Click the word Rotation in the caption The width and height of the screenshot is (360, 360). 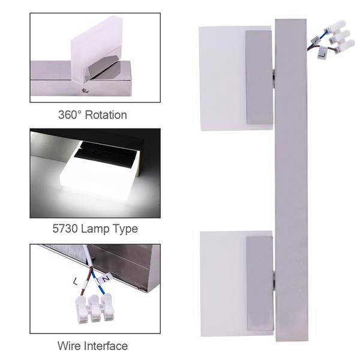(106, 114)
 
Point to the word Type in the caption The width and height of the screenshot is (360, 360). (126, 229)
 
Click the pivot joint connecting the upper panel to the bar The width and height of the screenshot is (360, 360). (273, 77)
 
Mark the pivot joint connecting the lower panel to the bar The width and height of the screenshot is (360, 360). (273, 277)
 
